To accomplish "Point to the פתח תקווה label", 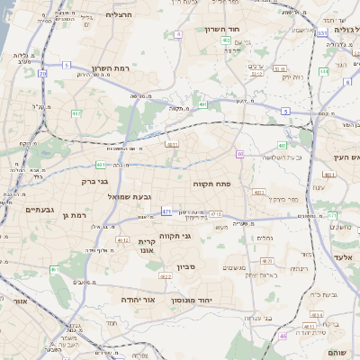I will tap(213, 183).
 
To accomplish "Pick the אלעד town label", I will tap(338, 256).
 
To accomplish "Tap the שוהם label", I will tap(338, 352).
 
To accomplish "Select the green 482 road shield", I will tap(76, 113).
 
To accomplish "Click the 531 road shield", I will tap(321, 33).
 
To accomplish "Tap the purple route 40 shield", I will tap(240, 154).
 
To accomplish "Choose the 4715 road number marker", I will tap(215, 214).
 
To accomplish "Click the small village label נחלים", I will tap(265, 238).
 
